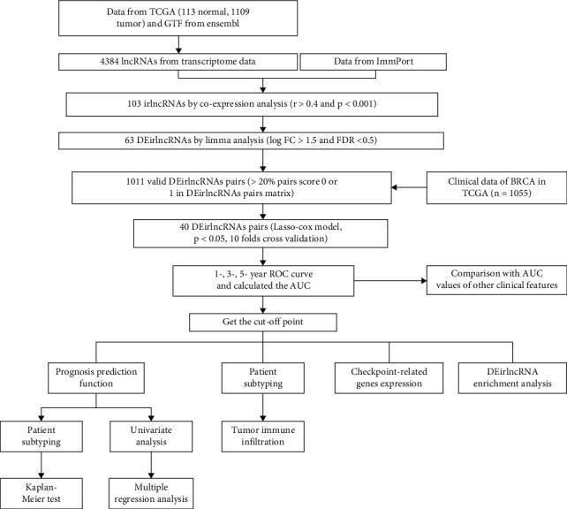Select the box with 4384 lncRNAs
(176, 64)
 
